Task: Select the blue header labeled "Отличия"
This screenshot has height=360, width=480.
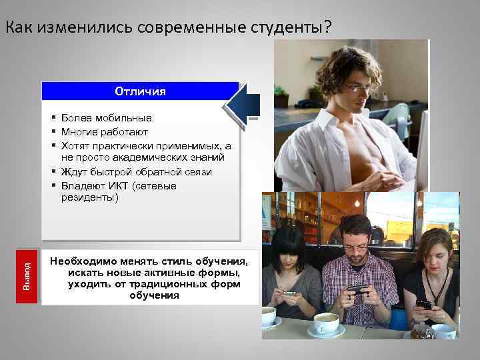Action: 140,91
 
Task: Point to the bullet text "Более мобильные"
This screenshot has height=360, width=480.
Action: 107,118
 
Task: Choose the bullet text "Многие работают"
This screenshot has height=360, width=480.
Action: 106,131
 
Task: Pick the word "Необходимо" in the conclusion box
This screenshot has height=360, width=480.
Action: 79,260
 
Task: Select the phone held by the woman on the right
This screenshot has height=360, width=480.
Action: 424,305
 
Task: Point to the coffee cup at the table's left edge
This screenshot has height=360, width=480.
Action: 269,316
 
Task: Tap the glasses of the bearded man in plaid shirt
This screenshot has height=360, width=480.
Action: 355,246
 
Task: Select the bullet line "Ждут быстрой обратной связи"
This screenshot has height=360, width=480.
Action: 136,172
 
